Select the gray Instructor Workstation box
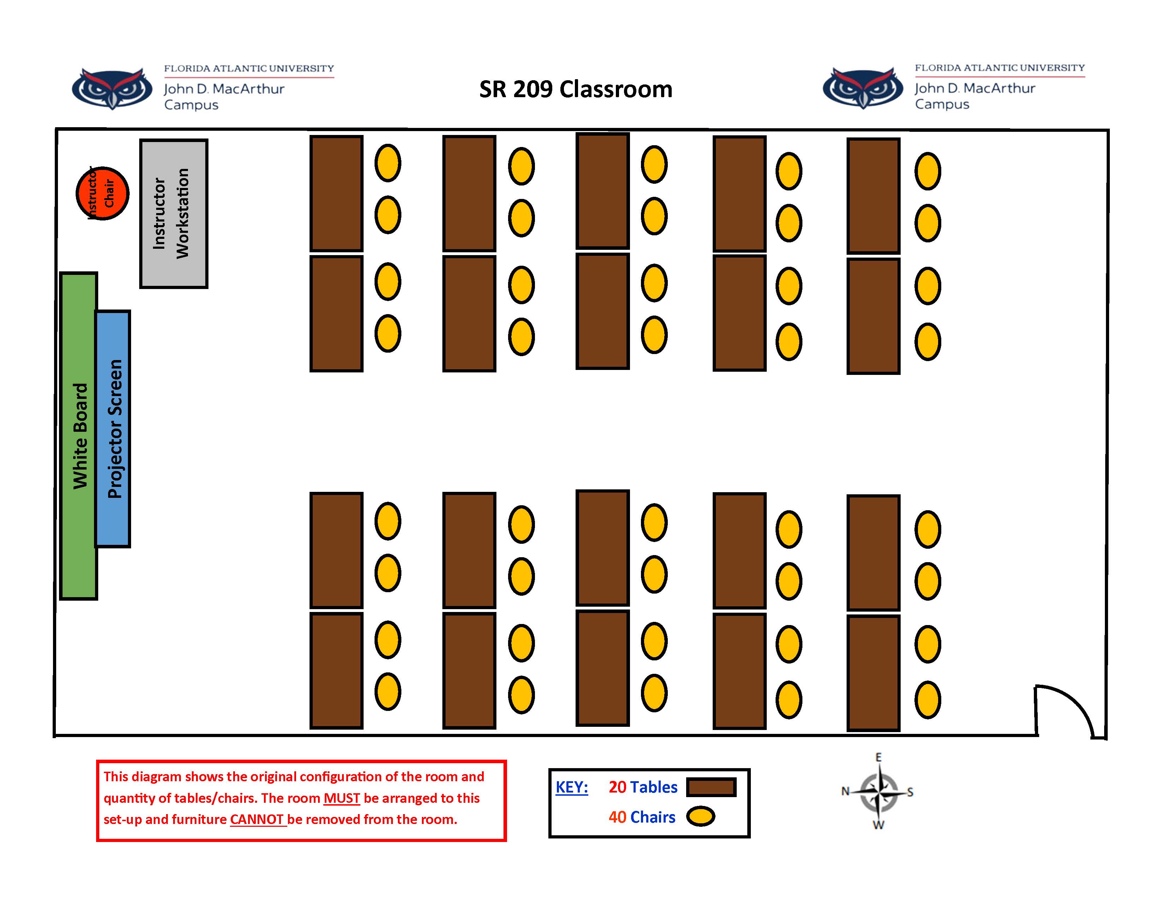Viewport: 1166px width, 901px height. tap(173, 213)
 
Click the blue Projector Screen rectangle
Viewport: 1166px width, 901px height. tap(113, 429)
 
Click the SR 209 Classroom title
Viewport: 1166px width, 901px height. tap(576, 89)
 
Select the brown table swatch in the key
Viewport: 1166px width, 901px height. tap(711, 787)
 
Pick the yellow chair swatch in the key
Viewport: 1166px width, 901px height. tap(700, 816)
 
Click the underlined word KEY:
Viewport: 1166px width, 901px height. tap(571, 787)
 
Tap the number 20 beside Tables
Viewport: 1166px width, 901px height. tap(617, 787)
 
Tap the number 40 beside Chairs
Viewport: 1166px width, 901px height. tap(617, 817)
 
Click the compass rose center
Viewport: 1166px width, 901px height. tap(879, 791)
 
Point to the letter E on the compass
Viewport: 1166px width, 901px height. tap(878, 757)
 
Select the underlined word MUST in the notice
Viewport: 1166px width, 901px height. tap(342, 798)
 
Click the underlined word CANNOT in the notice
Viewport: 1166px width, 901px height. tap(257, 819)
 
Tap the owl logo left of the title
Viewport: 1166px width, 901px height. tap(112, 88)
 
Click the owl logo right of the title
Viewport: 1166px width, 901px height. tap(863, 88)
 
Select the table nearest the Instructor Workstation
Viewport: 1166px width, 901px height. tap(336, 193)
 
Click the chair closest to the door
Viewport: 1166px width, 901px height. tap(927, 700)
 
